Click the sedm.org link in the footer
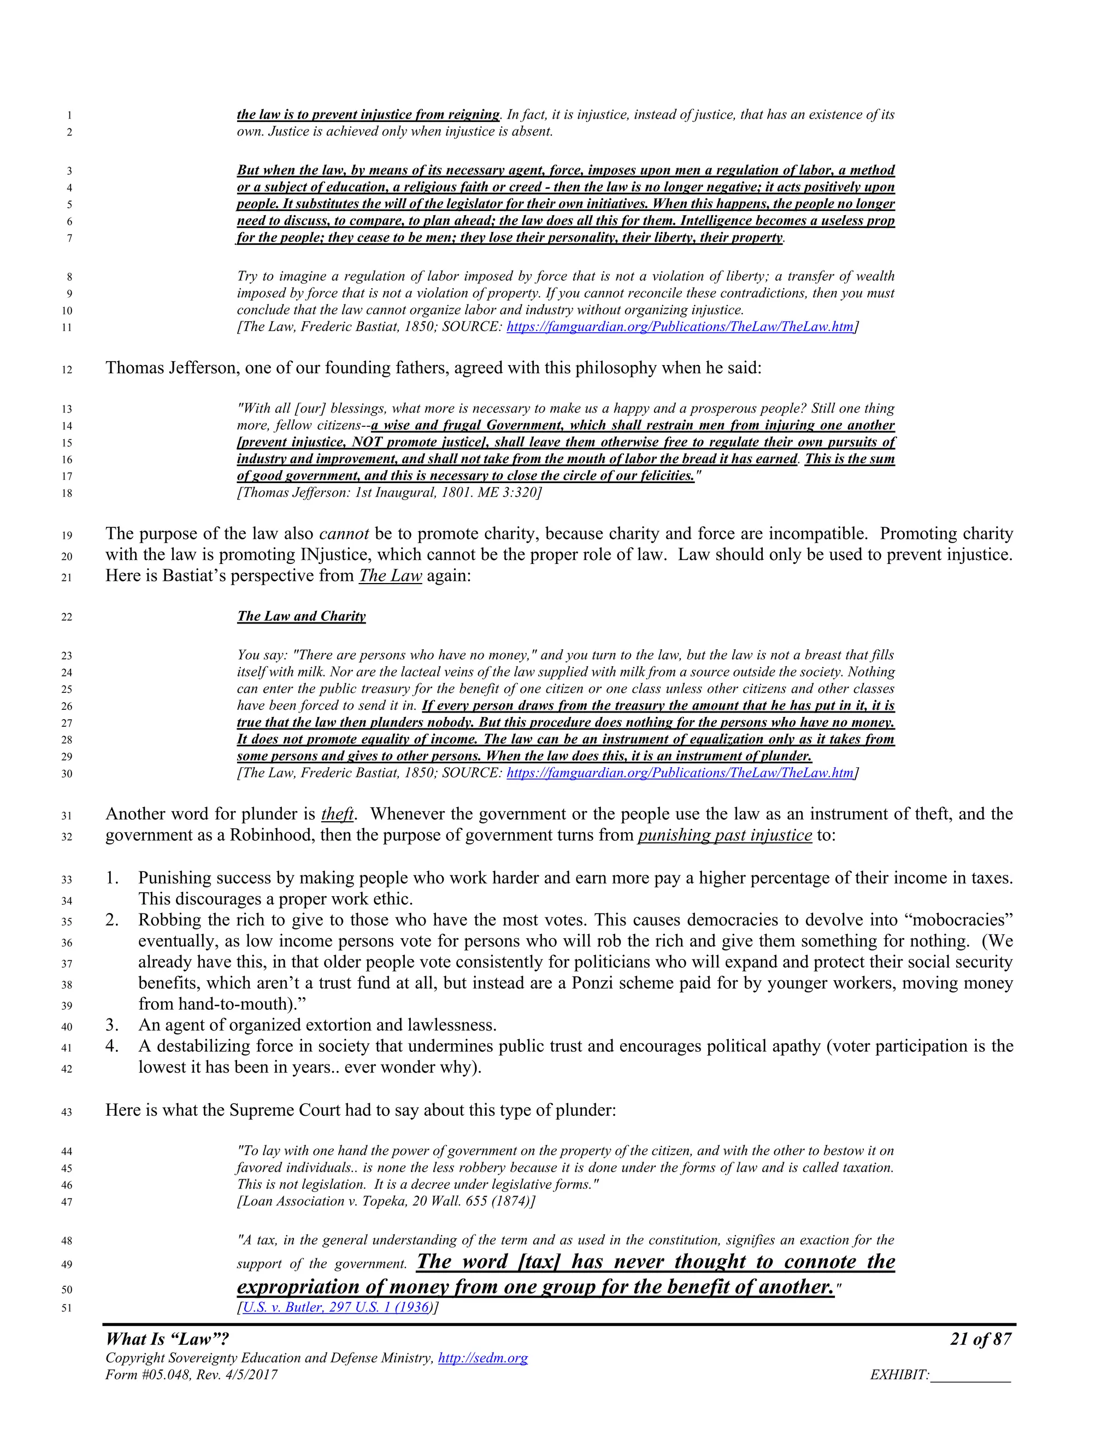coord(482,1358)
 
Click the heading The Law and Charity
coord(301,616)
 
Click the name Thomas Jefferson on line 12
coord(170,367)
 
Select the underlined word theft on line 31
coord(337,814)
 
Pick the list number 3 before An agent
coord(112,1025)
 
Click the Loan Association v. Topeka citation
coord(386,1202)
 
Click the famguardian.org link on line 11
coord(680,326)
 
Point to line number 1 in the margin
coord(69,115)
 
